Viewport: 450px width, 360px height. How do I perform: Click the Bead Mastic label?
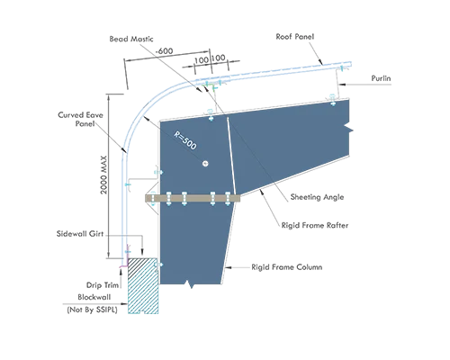pyautogui.click(x=131, y=39)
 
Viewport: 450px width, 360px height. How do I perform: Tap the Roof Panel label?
pyautogui.click(x=295, y=37)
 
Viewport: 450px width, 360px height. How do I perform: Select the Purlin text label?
pyautogui.click(x=381, y=78)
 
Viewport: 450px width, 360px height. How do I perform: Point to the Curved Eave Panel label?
pyautogui.click(x=80, y=120)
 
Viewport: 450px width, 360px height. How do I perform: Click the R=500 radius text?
pyautogui.click(x=185, y=140)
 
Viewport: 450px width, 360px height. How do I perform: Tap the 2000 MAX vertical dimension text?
pyautogui.click(x=103, y=175)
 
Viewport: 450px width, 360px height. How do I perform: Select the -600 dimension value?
pyautogui.click(x=164, y=51)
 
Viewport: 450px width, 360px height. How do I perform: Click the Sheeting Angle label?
pyautogui.click(x=317, y=197)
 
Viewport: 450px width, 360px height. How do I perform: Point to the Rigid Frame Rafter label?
pyautogui.click(x=315, y=225)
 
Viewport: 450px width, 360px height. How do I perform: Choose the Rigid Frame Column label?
pyautogui.click(x=287, y=267)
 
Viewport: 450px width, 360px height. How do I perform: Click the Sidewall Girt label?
pyautogui.click(x=80, y=234)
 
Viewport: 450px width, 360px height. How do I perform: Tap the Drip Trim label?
pyautogui.click(x=103, y=285)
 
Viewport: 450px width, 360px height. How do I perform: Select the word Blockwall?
pyautogui.click(x=94, y=297)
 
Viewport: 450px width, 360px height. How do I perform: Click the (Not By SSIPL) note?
pyautogui.click(x=92, y=310)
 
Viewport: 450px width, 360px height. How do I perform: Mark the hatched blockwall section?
pyautogui.click(x=143, y=285)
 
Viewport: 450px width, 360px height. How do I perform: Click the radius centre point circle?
pyautogui.click(x=205, y=164)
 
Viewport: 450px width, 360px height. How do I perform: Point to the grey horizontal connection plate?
pyautogui.click(x=193, y=198)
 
